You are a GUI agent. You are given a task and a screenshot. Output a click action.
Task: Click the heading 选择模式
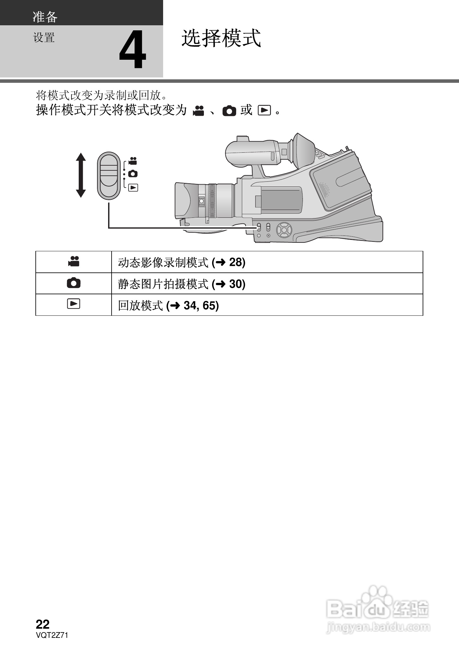coord(221,39)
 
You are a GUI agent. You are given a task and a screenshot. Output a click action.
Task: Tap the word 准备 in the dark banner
coord(45,17)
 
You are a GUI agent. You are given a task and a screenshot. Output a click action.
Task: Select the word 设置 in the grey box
coord(44,38)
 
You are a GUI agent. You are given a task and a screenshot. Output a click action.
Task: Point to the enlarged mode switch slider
coord(109,175)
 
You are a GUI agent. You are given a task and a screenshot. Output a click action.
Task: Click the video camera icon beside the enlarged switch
coord(133,161)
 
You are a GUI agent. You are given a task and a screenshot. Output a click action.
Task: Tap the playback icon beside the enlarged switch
coord(133,188)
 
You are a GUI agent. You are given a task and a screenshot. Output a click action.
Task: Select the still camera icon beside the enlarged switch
coord(133,174)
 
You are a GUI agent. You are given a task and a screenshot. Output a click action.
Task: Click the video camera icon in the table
coord(74,261)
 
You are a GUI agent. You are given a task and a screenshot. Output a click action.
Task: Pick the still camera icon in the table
coord(74,283)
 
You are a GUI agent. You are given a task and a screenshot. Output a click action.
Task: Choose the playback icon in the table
coord(74,304)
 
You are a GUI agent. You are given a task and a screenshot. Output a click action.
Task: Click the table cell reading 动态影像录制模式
coord(163,262)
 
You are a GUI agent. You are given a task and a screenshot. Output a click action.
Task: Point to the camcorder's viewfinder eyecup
coord(303,151)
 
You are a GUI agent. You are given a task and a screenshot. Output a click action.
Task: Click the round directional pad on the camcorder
coord(284,230)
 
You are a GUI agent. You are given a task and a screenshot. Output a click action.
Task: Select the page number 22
coord(43,624)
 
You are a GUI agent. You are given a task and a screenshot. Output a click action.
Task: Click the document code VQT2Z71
coord(52,635)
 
